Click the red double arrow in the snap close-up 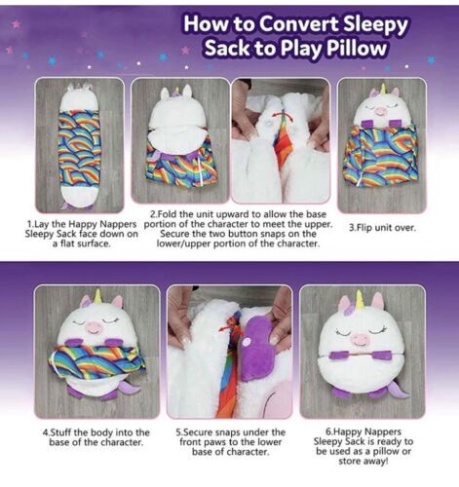(282, 116)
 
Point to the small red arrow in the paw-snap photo (225, 328)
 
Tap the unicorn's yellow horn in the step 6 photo (360, 300)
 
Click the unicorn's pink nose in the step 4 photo (93, 327)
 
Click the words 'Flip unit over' (386, 228)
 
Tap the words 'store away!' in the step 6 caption (363, 461)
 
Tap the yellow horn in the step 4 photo (97, 296)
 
